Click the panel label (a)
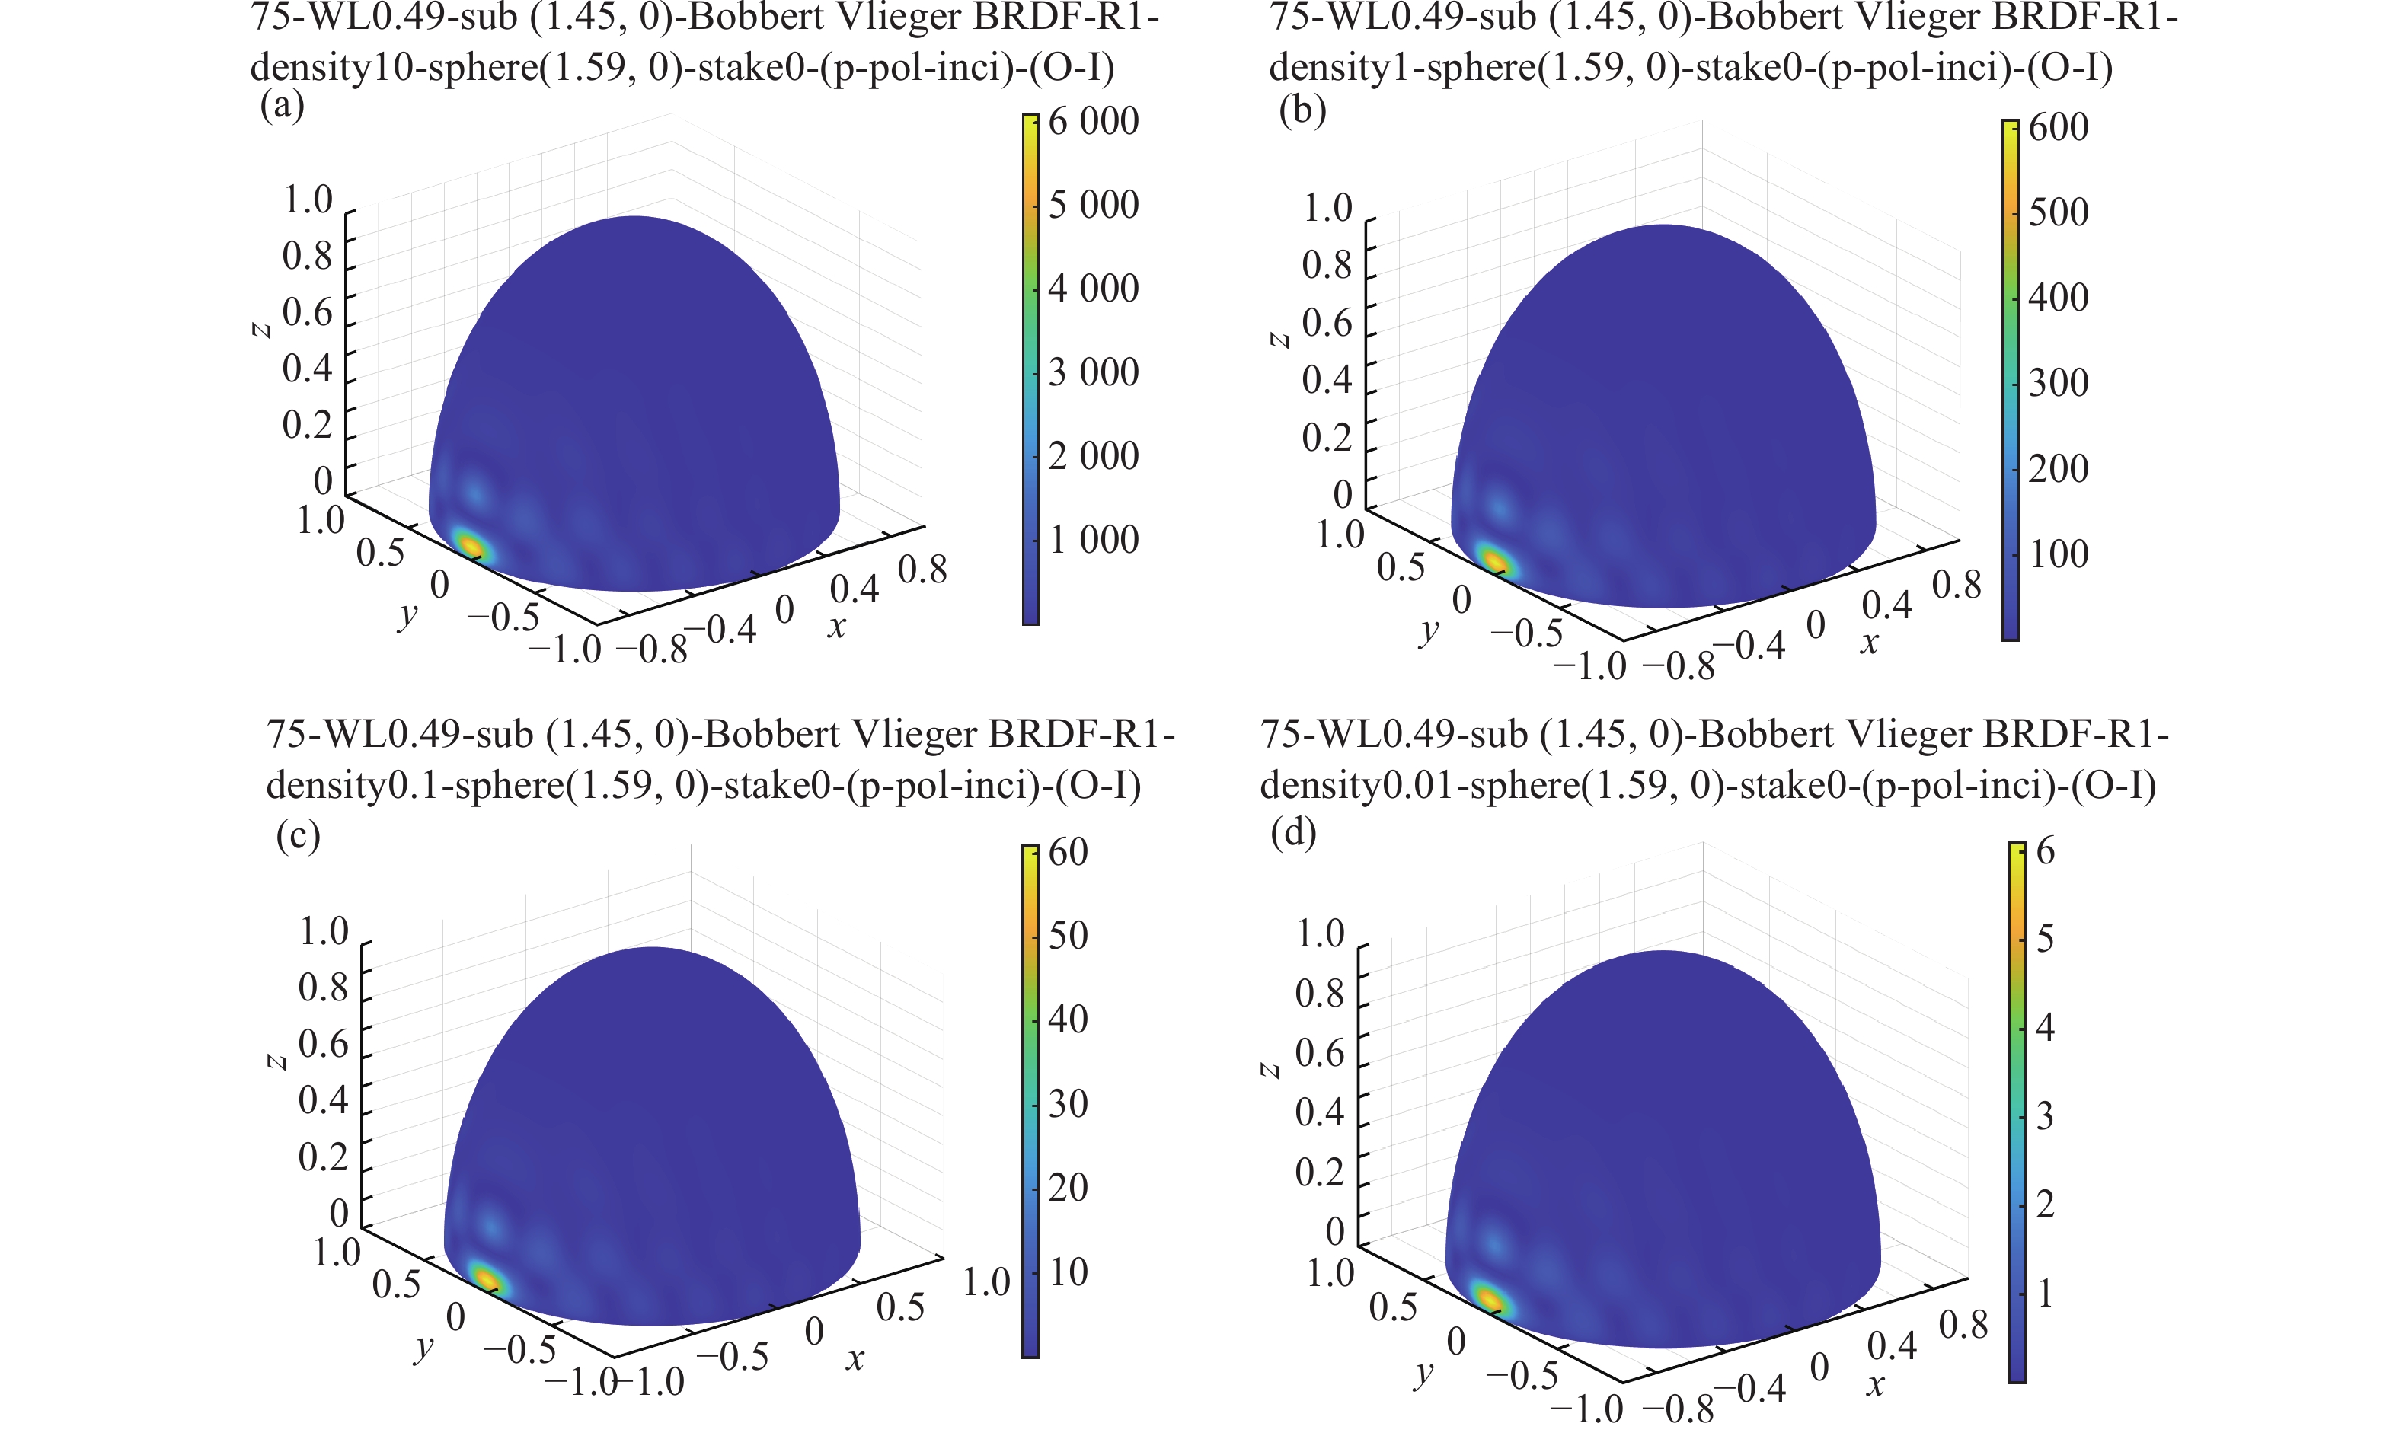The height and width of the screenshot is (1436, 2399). tap(282, 104)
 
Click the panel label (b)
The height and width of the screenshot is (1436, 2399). tap(1302, 110)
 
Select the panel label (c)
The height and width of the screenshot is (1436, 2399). tap(297, 834)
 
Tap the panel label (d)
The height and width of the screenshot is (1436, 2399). tap(1293, 831)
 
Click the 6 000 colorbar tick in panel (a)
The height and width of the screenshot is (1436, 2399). tap(1093, 122)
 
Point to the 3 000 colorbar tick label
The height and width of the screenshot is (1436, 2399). tap(1093, 372)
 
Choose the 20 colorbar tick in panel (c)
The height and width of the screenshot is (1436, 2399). tap(1068, 1187)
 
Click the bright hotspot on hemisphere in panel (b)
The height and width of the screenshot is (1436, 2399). tap(1494, 560)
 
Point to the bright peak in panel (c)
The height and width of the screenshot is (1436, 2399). tap(486, 1279)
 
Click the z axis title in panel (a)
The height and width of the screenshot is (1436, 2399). tap(260, 329)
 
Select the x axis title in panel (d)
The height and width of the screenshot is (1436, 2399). tap(1874, 1385)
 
